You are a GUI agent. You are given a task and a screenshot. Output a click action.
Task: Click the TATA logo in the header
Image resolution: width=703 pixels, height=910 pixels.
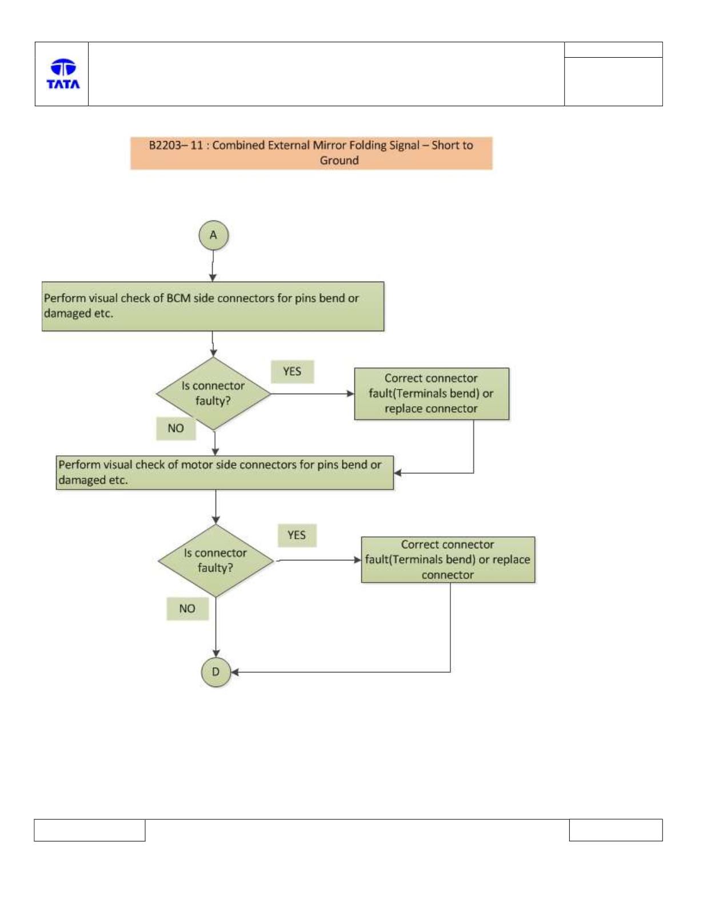pyautogui.click(x=63, y=74)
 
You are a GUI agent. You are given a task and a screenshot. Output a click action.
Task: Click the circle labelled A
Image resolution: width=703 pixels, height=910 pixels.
pyautogui.click(x=213, y=235)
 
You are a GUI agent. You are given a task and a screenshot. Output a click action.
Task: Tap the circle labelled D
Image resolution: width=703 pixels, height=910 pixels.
pyautogui.click(x=216, y=672)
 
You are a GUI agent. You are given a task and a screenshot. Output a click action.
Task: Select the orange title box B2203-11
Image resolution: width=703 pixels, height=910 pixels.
pyautogui.click(x=311, y=153)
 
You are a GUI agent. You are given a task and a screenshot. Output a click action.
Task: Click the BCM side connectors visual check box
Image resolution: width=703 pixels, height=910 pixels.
pyautogui.click(x=213, y=306)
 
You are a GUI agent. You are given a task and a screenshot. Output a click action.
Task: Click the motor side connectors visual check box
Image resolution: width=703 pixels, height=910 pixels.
pyautogui.click(x=225, y=472)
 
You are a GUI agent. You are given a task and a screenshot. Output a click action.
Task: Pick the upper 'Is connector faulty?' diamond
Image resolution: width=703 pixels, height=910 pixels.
pyautogui.click(x=213, y=393)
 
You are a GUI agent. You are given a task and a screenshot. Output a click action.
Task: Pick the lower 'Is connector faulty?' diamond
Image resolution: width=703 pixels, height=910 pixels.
pyautogui.click(x=216, y=560)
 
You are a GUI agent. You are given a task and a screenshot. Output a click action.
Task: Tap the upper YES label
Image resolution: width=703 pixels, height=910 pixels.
pyautogui.click(x=292, y=371)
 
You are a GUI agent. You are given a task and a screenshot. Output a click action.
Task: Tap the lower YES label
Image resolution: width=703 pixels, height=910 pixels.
pyautogui.click(x=297, y=535)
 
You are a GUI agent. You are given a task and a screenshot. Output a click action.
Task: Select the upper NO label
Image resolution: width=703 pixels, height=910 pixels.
pyautogui.click(x=176, y=428)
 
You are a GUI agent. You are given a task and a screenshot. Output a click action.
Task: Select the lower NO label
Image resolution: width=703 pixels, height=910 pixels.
pyautogui.click(x=187, y=608)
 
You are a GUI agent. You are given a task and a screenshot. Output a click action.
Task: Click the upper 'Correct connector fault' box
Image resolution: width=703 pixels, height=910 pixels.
pyautogui.click(x=432, y=394)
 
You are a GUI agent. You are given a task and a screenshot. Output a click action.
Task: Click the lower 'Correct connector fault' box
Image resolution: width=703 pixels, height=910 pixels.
pyautogui.click(x=448, y=559)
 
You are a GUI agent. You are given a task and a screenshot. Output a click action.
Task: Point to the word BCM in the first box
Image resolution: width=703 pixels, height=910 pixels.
pyautogui.click(x=178, y=298)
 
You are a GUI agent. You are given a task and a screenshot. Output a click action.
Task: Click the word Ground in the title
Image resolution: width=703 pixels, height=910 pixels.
pyautogui.click(x=339, y=161)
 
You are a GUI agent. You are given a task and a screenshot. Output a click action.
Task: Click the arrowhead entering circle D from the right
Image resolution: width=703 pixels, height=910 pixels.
pyautogui.click(x=234, y=672)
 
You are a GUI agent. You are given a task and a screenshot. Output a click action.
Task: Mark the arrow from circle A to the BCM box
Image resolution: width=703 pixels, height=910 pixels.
pyautogui.click(x=213, y=266)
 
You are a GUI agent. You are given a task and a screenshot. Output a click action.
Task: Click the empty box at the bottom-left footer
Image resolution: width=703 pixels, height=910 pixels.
pyautogui.click(x=90, y=830)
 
